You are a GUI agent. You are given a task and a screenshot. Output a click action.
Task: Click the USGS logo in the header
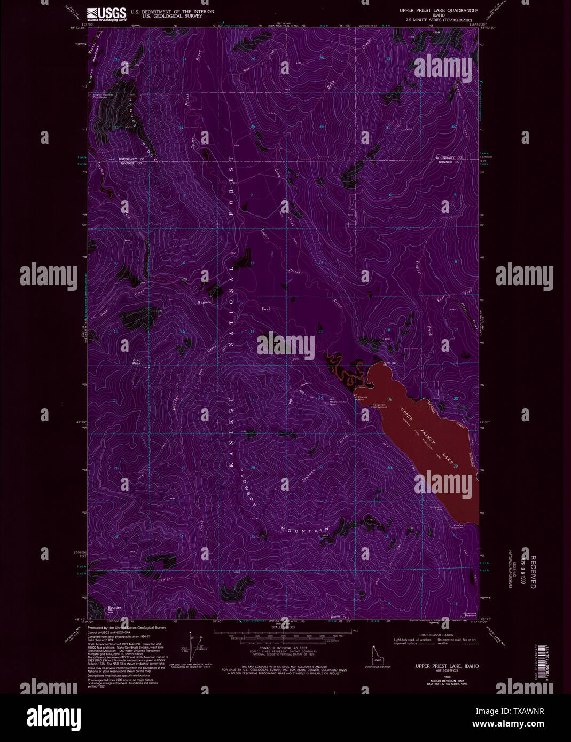[106, 13]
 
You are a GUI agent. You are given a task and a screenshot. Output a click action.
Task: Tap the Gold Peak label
[137, 362]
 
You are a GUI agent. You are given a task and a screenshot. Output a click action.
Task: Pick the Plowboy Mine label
[363, 398]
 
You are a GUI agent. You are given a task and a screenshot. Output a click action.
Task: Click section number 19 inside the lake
[389, 400]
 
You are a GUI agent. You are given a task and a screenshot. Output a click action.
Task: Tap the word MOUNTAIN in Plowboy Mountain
[304, 530]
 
